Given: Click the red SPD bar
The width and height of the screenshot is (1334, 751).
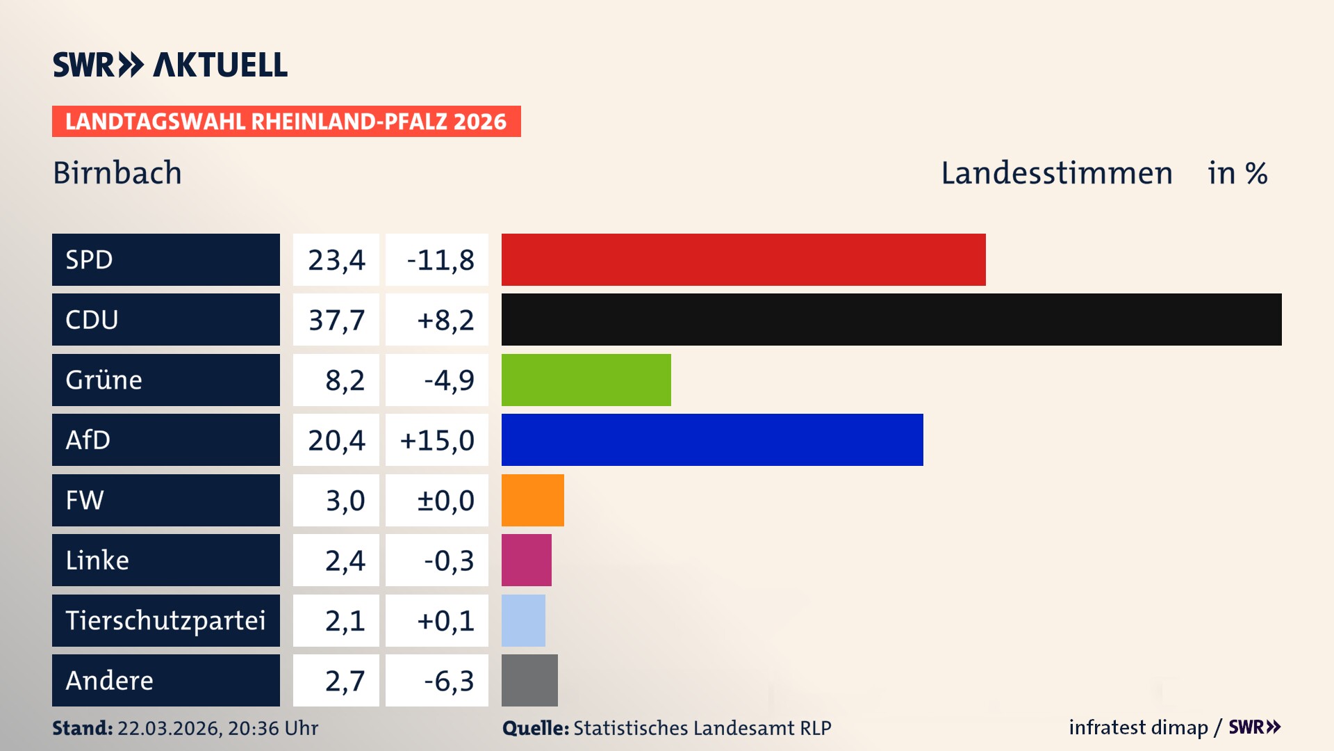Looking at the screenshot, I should coord(743,259).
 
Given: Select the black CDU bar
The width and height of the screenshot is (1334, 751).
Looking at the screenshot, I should coord(891,320).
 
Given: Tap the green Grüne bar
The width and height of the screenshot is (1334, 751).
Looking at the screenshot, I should coord(586,380).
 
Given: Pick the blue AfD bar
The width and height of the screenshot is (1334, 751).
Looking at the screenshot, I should coord(712,439).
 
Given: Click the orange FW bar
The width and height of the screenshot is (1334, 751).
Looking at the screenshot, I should coord(532,500).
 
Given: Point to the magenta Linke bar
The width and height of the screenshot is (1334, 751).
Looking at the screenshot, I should coord(526,560).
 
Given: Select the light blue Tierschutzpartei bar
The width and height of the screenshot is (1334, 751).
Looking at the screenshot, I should coord(523,620).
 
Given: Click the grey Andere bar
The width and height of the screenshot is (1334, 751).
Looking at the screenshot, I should coord(529,680).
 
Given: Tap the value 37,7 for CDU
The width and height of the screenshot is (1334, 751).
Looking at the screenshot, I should coord(336,320).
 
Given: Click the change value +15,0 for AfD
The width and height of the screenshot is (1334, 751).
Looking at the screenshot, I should coord(437,440).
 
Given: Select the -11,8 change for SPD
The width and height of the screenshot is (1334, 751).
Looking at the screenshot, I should coord(440,260).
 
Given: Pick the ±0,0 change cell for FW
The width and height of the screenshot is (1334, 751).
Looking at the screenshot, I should coord(445,501).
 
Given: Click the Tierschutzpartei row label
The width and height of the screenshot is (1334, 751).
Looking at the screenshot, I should coord(165,620).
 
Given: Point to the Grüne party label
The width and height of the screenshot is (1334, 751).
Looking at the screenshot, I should coord(104,380).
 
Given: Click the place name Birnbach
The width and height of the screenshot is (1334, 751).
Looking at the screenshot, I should coord(117,173).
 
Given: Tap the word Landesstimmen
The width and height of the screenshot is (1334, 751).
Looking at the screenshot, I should coord(1056,173).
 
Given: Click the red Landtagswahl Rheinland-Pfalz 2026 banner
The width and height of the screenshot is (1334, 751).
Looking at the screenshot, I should coord(286,122).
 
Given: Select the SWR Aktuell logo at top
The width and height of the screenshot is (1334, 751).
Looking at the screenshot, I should coord(170,65).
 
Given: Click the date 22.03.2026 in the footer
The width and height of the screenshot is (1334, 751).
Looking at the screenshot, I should coord(169,728).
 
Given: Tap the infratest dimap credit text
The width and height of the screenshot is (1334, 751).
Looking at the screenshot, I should coord(1138,727).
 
